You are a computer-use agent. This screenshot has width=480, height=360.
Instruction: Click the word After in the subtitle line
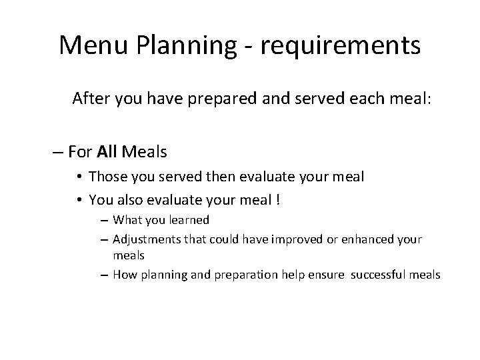[93, 99]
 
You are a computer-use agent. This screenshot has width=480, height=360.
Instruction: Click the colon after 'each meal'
[430, 100]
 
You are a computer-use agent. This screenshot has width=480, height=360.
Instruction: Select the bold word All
[107, 152]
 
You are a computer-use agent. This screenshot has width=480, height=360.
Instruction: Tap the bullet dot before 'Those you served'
[79, 177]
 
